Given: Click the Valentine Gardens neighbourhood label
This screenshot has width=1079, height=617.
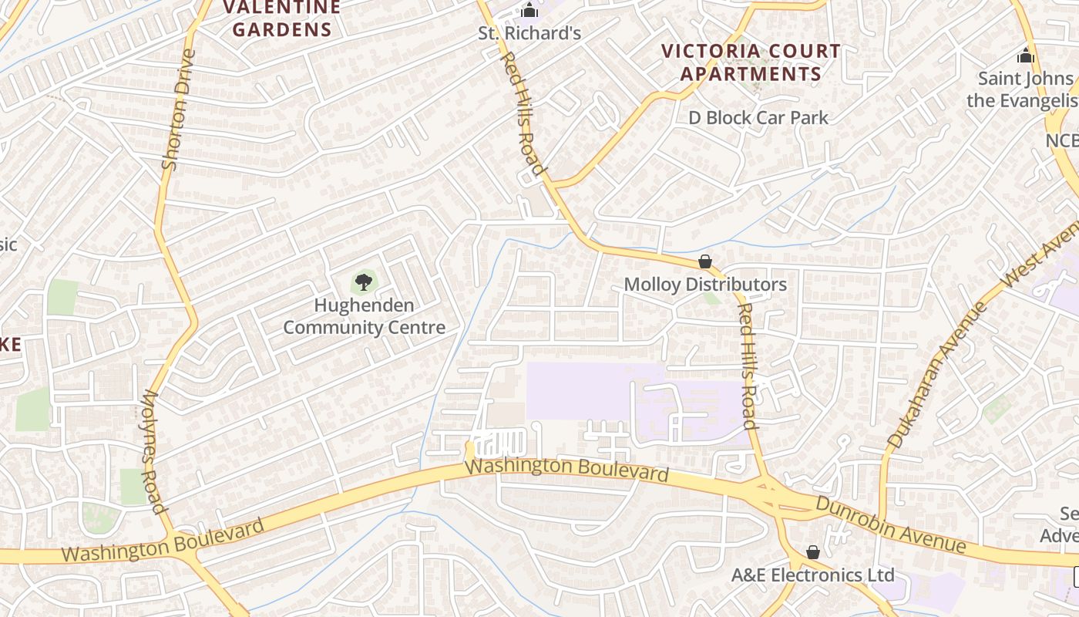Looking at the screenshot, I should pyautogui.click(x=282, y=19).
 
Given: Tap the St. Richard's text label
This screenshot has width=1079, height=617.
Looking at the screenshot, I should pyautogui.click(x=529, y=34).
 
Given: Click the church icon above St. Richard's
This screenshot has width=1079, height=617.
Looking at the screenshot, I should pyautogui.click(x=529, y=11).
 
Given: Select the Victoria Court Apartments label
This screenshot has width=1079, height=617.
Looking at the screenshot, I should pyautogui.click(x=751, y=62).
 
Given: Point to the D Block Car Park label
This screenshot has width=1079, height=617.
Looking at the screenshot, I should pyautogui.click(x=758, y=118).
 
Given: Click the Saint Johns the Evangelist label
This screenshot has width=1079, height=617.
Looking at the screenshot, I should pyautogui.click(x=1024, y=89).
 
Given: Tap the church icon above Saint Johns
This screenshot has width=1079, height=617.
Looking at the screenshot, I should pyautogui.click(x=1025, y=56).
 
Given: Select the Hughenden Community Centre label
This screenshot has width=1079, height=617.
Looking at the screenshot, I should pyautogui.click(x=364, y=316).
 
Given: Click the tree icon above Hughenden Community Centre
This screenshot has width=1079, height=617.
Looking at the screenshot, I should pyautogui.click(x=364, y=282).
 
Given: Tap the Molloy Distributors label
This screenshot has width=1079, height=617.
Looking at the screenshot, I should pyautogui.click(x=705, y=285).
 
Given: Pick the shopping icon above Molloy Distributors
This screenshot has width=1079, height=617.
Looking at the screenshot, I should pyautogui.click(x=704, y=262).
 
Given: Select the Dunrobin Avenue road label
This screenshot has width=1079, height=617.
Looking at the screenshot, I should pyautogui.click(x=891, y=524).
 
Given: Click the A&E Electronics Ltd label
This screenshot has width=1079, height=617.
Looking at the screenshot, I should pyautogui.click(x=812, y=575).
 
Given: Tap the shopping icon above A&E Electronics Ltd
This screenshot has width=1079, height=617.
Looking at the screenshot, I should pyautogui.click(x=812, y=552).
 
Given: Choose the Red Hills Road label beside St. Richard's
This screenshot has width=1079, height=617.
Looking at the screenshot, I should pyautogui.click(x=523, y=113).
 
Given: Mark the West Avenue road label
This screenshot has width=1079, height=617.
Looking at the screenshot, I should pyautogui.click(x=1040, y=253).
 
